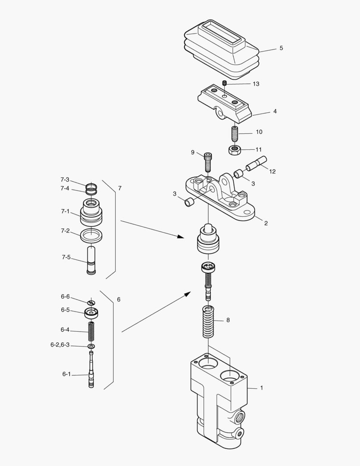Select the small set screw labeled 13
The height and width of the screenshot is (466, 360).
click(224, 83)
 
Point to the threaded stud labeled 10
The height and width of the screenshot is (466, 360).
click(235, 133)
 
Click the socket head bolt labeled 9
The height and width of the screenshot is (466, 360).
click(208, 162)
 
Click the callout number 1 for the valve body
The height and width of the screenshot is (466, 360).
click(261, 388)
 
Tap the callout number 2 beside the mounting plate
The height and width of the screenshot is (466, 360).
click(266, 223)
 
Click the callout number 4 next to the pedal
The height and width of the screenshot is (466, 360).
click(275, 111)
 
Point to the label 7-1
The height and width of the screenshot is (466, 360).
click(65, 211)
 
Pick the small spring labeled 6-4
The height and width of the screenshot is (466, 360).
click(91, 331)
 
